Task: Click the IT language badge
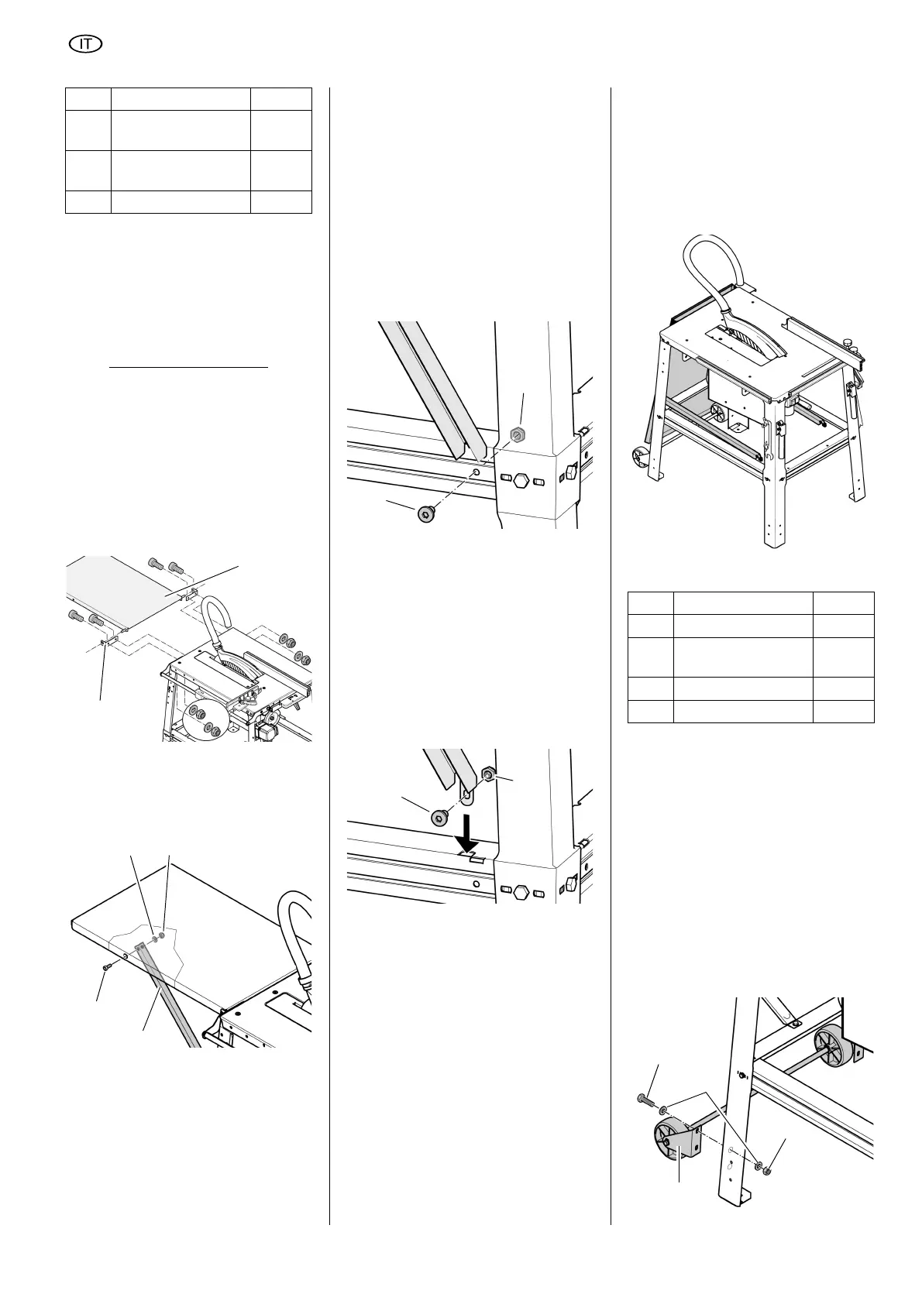point(87,44)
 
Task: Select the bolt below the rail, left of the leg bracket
point(425,514)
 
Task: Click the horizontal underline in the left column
point(188,368)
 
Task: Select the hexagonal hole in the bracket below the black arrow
point(521,892)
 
